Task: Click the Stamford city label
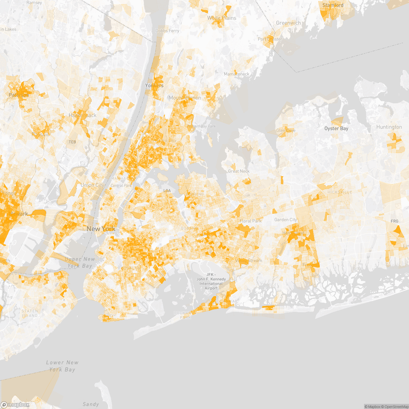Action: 333,5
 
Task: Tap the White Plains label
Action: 222,18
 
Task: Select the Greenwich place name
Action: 288,23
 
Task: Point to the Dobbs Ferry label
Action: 167,31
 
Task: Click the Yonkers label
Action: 154,86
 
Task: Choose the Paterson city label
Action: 19,95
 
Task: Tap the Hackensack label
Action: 82,116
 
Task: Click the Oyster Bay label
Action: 336,128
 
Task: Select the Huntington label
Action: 389,127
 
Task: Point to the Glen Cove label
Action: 286,131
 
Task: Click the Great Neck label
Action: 239,171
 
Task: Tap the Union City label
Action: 92,185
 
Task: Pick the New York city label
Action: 101,229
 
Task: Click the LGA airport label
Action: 167,191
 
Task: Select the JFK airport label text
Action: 211,281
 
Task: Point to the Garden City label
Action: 286,220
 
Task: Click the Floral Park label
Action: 251,221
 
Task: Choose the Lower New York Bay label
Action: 62,366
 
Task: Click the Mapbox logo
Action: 15,405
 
